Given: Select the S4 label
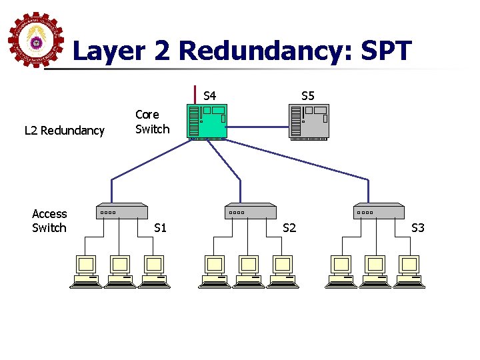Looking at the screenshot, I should [x=209, y=96].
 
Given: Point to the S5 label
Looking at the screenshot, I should [x=307, y=96].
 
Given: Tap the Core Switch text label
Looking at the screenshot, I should [x=152, y=121].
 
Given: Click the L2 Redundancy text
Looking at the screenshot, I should [x=65, y=131].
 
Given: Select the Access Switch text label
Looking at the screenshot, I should [x=49, y=221].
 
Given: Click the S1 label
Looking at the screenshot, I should [x=160, y=228].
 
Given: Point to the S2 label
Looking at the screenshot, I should [x=289, y=228].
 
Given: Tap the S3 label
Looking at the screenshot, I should [x=418, y=228].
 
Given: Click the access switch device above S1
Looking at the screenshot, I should [x=122, y=211].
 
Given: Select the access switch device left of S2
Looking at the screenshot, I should [x=251, y=211].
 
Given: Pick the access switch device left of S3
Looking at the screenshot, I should [x=379, y=211].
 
